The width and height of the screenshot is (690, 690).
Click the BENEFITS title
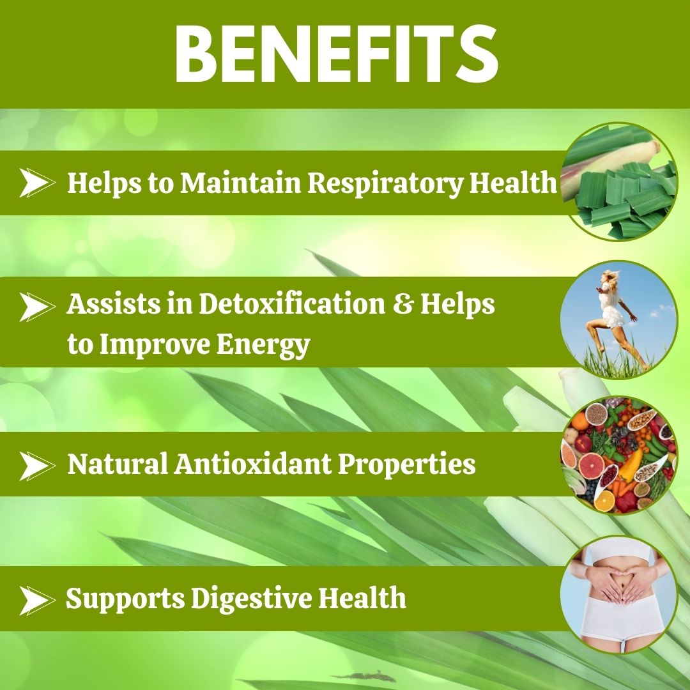point(336,54)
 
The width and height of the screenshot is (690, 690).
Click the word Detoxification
point(291,305)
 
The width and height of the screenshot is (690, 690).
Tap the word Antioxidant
point(253,464)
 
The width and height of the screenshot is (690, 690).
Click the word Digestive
point(250,599)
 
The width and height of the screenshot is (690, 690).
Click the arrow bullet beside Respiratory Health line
point(36,183)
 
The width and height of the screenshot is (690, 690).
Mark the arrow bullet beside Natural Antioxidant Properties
point(36,466)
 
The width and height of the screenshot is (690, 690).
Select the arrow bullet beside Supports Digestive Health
point(36,600)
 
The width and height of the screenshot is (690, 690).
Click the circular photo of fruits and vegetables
point(618,455)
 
